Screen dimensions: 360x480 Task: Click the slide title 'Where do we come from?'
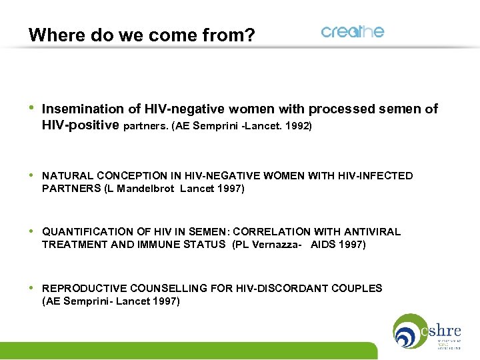pos(141,35)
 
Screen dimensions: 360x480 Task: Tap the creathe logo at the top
pos(352,32)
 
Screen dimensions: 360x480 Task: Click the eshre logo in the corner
pos(427,331)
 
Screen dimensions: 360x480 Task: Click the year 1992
pos(298,125)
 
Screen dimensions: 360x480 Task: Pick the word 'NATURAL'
pos(68,176)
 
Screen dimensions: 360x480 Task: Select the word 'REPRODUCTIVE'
pos(83,289)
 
